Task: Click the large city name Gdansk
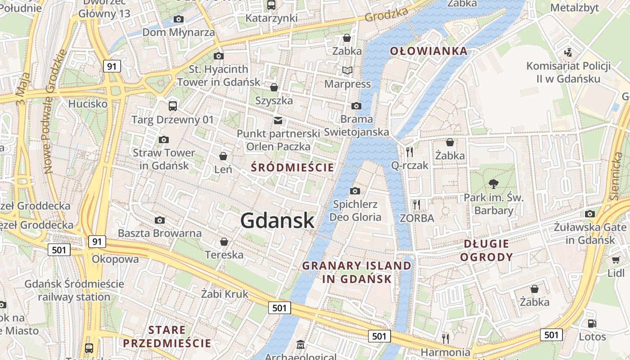point(277,220)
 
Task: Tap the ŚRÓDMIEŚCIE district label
point(292,168)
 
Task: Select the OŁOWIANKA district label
point(429,51)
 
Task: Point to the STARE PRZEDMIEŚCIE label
point(167,337)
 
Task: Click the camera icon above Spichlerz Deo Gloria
point(355,191)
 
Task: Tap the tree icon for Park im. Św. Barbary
point(494,184)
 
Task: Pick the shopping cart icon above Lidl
point(616,260)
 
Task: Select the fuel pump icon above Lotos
point(592,323)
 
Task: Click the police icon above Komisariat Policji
point(568,52)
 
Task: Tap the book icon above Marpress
point(347,70)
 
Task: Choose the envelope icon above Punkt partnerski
point(278,121)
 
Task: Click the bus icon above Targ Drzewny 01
point(172,106)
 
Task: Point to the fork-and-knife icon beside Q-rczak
point(409,152)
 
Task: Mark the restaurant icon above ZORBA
point(417,205)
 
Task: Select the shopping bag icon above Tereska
point(224,242)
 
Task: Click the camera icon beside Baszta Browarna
point(159,220)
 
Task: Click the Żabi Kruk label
point(225,294)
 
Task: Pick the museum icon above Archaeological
point(301,345)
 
